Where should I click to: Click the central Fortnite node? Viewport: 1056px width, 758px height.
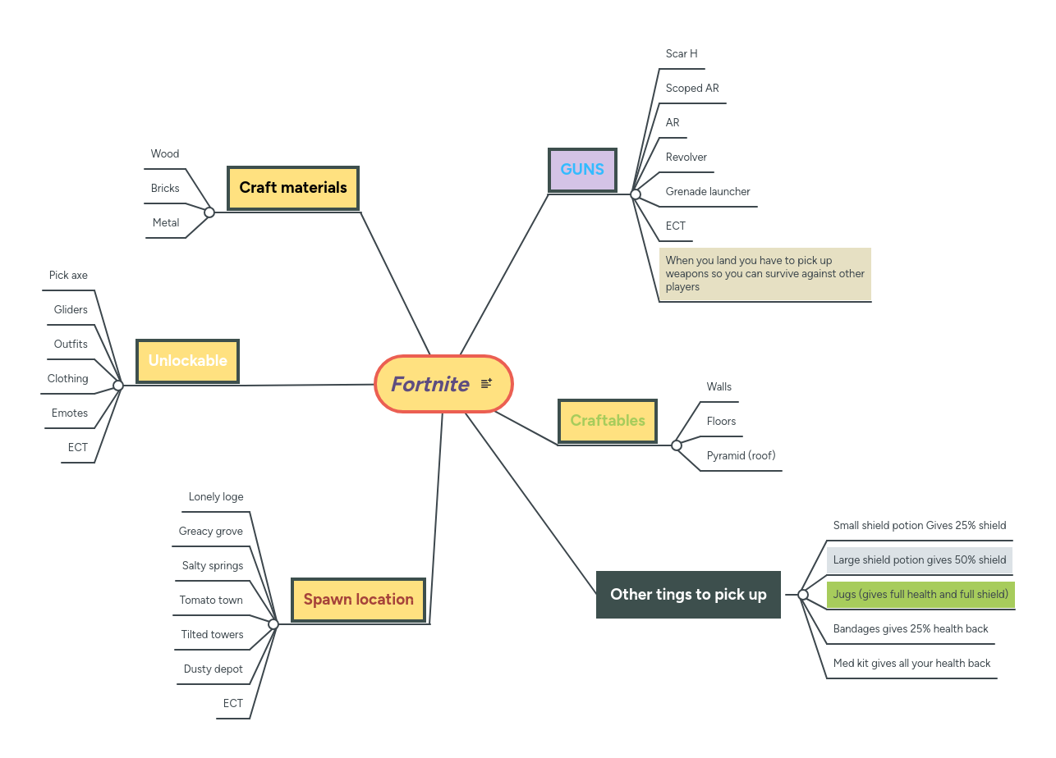(431, 384)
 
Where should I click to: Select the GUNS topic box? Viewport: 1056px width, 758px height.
(582, 170)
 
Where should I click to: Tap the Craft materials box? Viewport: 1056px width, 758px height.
(293, 188)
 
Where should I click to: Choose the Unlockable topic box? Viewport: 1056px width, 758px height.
(187, 361)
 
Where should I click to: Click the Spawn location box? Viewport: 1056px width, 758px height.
(359, 600)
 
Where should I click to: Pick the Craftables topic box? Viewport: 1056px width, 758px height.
(608, 421)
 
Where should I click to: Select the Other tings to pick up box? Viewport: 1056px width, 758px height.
(688, 595)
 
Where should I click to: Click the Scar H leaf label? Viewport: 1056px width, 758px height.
(682, 54)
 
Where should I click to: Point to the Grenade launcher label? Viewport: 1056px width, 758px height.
(708, 192)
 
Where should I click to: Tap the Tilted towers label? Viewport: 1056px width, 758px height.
(212, 635)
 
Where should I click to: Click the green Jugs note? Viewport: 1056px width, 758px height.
(921, 595)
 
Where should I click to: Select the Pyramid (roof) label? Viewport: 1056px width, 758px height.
(741, 456)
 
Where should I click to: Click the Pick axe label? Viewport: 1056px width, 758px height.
(68, 276)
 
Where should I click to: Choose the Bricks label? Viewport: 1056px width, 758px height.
(165, 189)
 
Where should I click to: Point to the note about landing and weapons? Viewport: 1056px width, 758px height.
(764, 274)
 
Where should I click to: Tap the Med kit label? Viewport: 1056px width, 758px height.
(911, 664)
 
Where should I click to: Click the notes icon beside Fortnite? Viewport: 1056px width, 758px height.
(486, 383)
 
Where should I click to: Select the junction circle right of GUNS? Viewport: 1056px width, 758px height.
(635, 194)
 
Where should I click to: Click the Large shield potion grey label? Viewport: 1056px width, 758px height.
(919, 560)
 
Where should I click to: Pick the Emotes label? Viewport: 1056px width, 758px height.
(70, 413)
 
